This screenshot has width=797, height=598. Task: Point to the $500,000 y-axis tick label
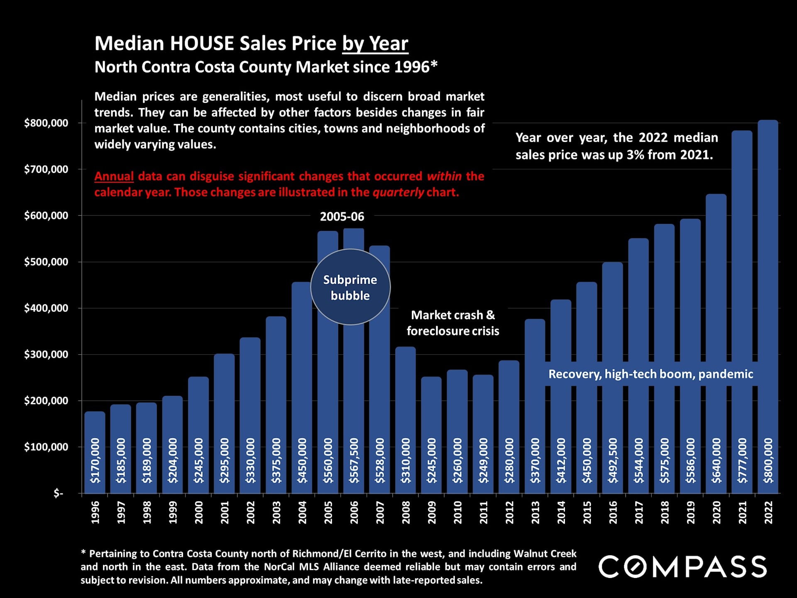coord(46,262)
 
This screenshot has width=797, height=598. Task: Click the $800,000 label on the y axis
coord(46,123)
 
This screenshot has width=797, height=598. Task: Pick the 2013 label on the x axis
coord(535,512)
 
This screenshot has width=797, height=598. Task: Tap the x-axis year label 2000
coord(199,512)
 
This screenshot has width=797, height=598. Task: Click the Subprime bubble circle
coord(350,287)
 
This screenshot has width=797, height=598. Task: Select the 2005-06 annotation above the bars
coord(342,216)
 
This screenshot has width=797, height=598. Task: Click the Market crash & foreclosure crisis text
coord(453,323)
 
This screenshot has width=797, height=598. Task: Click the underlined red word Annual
coord(114,176)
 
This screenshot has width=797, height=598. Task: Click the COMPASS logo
coord(682,567)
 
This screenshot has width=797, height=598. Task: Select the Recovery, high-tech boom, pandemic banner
coord(650,374)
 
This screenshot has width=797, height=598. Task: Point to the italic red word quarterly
coord(398,192)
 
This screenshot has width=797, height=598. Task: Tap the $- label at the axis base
coord(58,493)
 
